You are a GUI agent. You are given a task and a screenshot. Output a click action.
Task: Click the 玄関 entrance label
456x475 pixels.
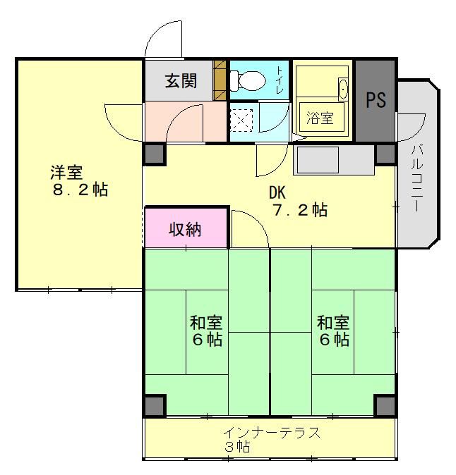pos(181,81)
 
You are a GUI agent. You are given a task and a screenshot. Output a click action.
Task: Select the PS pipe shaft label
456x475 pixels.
pos(376,99)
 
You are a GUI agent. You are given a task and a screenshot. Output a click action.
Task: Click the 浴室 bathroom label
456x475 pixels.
pos(320,118)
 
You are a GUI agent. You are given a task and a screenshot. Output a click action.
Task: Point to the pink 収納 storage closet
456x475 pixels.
pos(186,228)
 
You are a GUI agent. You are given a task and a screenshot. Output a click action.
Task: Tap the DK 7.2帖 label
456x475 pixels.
pos(299,202)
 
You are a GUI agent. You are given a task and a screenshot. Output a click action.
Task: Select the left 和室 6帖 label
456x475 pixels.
pos(206,331)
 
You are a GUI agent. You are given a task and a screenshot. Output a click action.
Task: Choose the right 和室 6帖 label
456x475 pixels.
pos(333,331)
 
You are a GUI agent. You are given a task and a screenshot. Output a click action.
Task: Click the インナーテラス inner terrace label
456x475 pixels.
pos(272,433)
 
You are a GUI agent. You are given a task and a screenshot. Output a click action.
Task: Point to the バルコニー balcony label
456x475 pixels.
pos(417,178)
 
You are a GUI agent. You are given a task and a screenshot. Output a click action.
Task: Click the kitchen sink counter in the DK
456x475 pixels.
pos(333,160)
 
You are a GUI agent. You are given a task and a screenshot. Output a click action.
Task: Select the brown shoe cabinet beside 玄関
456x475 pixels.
pos(220,80)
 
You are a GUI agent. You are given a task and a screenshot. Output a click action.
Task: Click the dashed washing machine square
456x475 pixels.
pos(241,121)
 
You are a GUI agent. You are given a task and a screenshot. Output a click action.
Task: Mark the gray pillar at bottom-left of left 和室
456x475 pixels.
pos(155,405)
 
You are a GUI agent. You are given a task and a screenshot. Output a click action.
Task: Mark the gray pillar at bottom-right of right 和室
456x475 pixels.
pos(385,405)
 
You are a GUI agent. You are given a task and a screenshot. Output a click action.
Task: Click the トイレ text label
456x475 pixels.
pos(280,80)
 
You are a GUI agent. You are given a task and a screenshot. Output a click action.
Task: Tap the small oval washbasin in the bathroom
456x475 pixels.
pos(343,89)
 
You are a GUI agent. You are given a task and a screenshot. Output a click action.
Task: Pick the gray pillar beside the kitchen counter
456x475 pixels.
pos(385,154)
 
